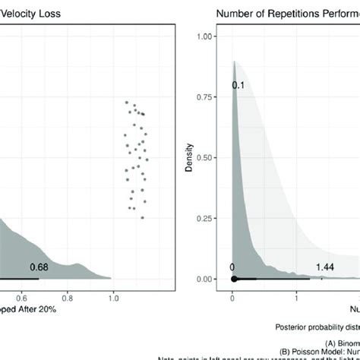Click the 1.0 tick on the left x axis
pyautogui.click(x=113, y=298)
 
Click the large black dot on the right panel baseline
pyautogui.click(x=234, y=279)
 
